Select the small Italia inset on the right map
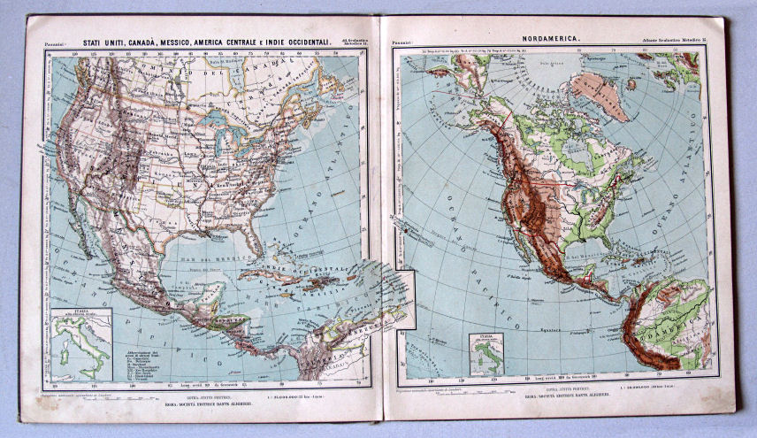click(486, 354)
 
